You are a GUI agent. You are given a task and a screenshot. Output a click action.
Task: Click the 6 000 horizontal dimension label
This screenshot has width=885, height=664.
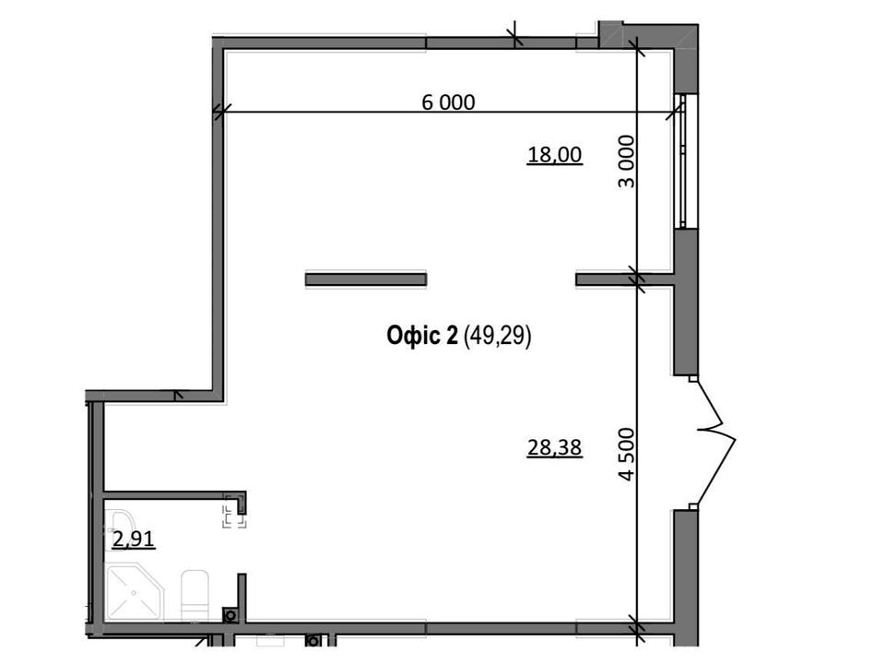(448, 102)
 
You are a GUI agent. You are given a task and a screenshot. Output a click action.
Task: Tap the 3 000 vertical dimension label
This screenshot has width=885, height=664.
(627, 161)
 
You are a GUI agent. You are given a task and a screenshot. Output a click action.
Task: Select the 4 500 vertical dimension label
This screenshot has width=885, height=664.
(627, 455)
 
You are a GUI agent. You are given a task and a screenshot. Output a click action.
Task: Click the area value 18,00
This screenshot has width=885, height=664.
(554, 154)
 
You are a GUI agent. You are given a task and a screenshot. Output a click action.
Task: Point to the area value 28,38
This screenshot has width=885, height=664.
(554, 448)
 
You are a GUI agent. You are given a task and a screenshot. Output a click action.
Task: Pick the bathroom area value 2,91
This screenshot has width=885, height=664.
(133, 539)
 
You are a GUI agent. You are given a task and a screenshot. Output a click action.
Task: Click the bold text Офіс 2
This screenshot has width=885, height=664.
(422, 336)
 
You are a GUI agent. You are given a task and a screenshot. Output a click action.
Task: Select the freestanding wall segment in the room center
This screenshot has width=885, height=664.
(366, 279)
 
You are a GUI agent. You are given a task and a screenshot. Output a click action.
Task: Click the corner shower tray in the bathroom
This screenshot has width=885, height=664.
(135, 592)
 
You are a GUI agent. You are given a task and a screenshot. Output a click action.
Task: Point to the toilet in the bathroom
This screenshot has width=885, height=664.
(195, 596)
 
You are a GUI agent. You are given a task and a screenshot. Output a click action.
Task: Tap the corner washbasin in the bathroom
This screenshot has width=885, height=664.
(116, 522)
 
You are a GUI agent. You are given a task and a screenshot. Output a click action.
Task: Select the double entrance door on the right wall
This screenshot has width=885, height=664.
(714, 442)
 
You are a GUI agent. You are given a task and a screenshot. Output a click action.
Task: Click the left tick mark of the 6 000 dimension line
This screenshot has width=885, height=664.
(221, 112)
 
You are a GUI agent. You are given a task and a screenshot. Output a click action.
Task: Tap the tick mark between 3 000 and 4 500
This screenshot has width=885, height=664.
(638, 279)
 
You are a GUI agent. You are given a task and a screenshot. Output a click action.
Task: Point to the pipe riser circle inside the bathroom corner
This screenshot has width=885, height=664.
(230, 615)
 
